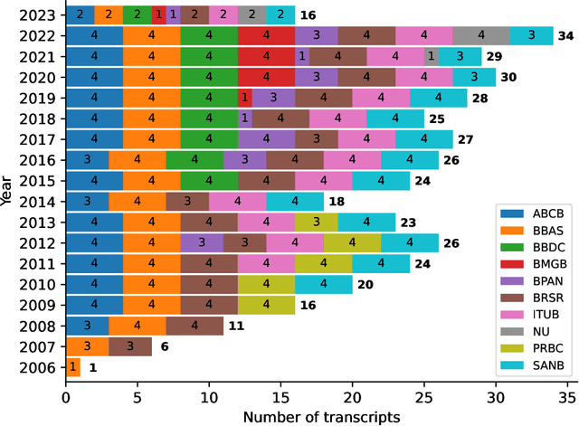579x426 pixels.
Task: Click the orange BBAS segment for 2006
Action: [73, 368]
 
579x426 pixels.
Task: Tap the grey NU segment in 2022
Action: [481, 36]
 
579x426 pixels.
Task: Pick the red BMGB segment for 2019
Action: [245, 99]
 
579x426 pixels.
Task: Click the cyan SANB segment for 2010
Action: [309, 285]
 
